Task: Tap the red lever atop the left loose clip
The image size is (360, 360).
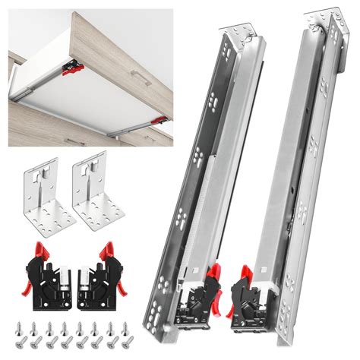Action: tap(41, 250)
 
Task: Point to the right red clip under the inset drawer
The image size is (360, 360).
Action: tap(159, 119)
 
